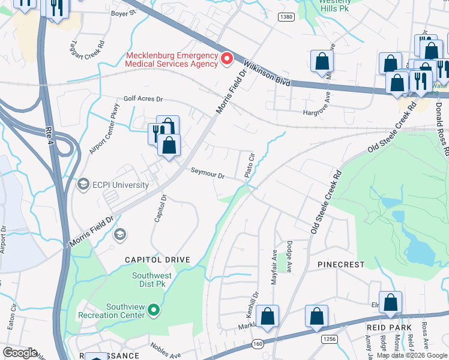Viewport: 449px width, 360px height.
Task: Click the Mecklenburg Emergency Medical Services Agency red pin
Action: pyautogui.click(x=227, y=59)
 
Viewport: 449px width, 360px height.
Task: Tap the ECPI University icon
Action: pyautogui.click(x=84, y=183)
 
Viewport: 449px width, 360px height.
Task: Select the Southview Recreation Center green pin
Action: pyautogui.click(x=154, y=310)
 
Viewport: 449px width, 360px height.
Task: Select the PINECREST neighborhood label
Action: pyautogui.click(x=341, y=265)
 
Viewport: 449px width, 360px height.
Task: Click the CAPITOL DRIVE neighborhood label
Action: pyautogui.click(x=157, y=260)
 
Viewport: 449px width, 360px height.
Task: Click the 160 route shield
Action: pyautogui.click(x=258, y=344)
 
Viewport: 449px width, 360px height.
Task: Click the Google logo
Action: pyautogui.click(x=20, y=352)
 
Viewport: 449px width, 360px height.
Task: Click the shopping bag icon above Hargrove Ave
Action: pyautogui.click(x=322, y=61)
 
